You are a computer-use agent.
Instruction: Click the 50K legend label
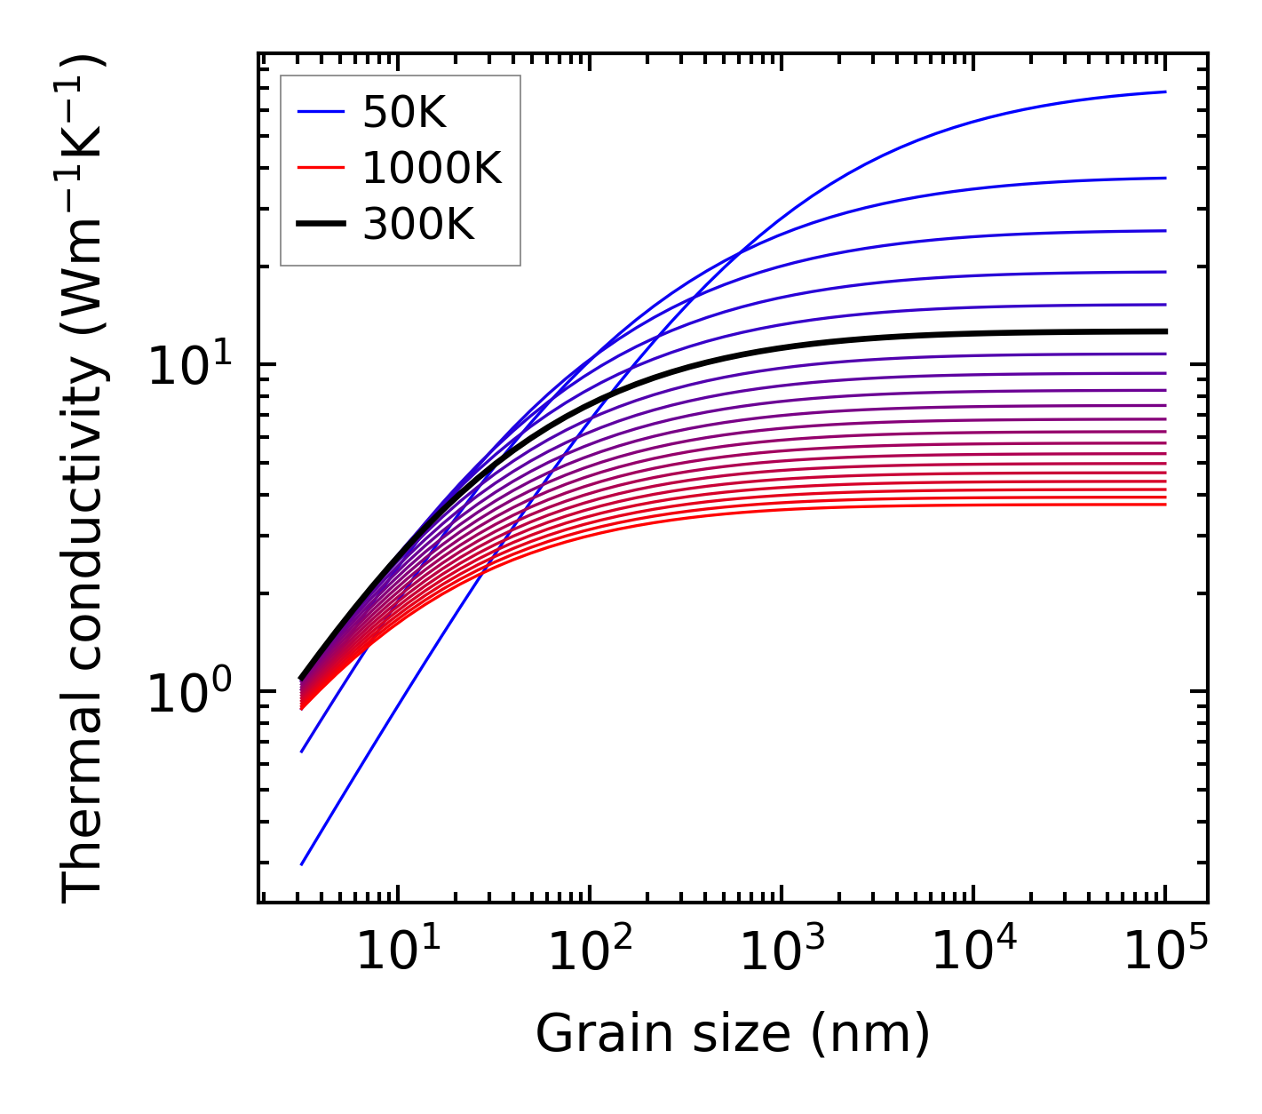click(404, 112)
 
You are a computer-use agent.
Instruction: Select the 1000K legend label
click(432, 168)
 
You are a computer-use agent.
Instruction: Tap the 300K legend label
click(418, 225)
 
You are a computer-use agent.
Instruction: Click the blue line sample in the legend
click(321, 112)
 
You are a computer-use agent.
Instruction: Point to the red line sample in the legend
click(321, 168)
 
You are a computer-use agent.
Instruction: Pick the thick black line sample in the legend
click(321, 225)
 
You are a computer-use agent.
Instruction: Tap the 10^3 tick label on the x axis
click(781, 952)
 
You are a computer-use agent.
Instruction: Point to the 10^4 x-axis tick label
click(972, 952)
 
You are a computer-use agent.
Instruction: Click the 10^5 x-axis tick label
click(1164, 952)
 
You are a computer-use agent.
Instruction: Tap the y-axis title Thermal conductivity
click(84, 478)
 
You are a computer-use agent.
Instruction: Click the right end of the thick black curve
click(1165, 331)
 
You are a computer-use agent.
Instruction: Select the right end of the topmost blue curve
click(1165, 92)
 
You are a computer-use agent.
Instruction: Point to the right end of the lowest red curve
click(1165, 505)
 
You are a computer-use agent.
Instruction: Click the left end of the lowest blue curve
click(302, 864)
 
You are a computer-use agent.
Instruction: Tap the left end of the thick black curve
click(301, 679)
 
